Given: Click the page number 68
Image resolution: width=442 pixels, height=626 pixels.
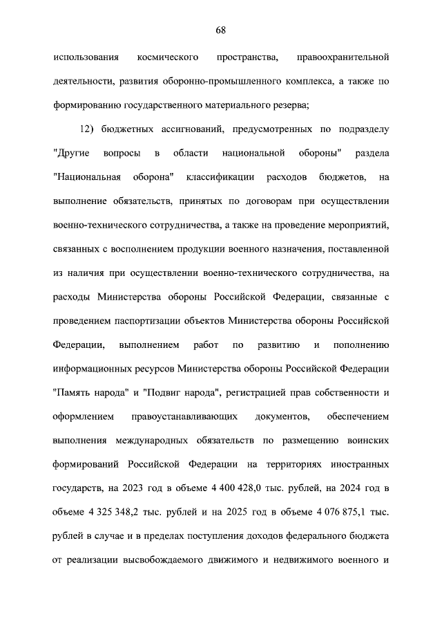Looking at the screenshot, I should click(x=221, y=30).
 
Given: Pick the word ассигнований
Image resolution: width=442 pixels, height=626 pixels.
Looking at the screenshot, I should click(x=171, y=129).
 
